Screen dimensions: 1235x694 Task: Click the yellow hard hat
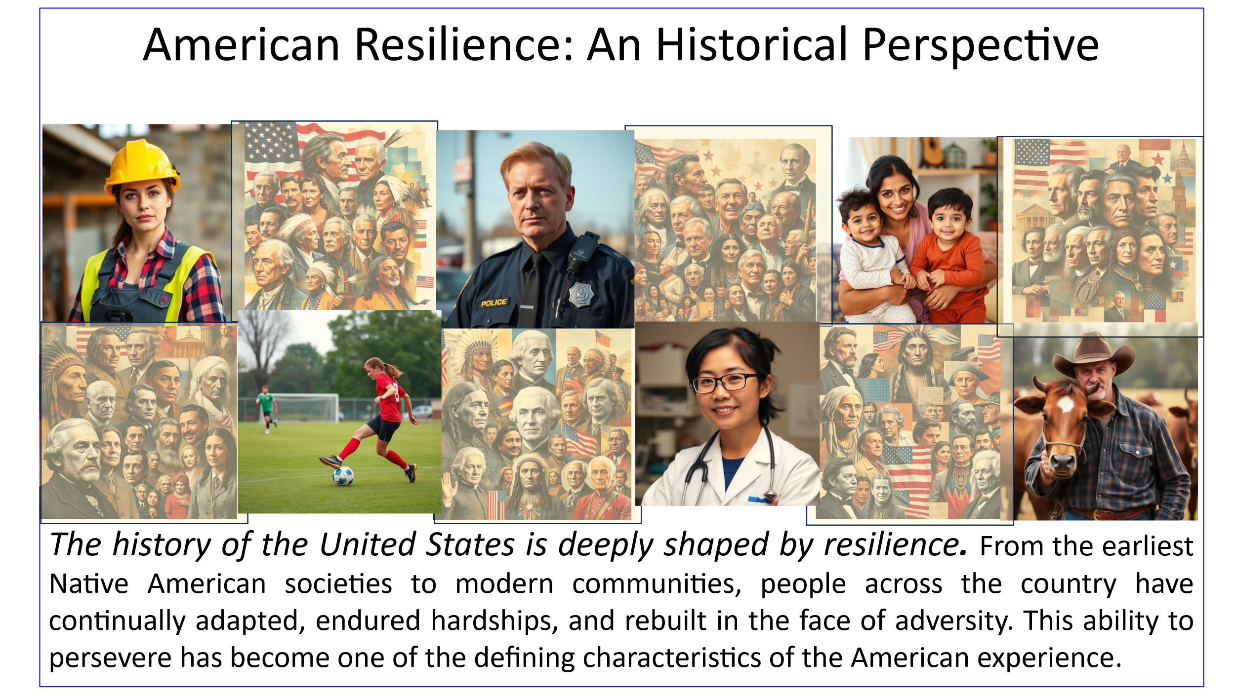click(x=142, y=166)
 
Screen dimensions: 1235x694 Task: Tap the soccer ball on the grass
click(x=343, y=476)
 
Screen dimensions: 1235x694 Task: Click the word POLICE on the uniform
click(x=494, y=303)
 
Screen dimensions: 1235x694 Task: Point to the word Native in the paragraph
click(x=89, y=584)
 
